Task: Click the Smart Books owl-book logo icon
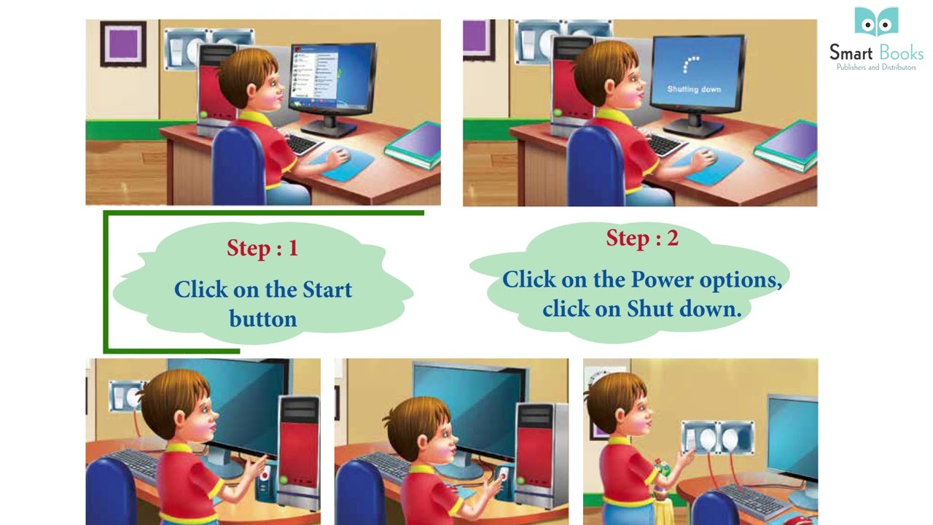point(876,22)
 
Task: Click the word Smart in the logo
point(850,52)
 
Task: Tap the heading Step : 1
point(262,248)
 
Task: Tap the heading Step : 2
point(642,238)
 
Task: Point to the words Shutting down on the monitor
point(694,89)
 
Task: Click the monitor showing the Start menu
point(332,80)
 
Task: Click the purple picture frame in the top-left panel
point(122,43)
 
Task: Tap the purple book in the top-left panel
point(414,144)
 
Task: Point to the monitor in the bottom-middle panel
point(466,408)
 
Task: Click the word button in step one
point(262,319)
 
